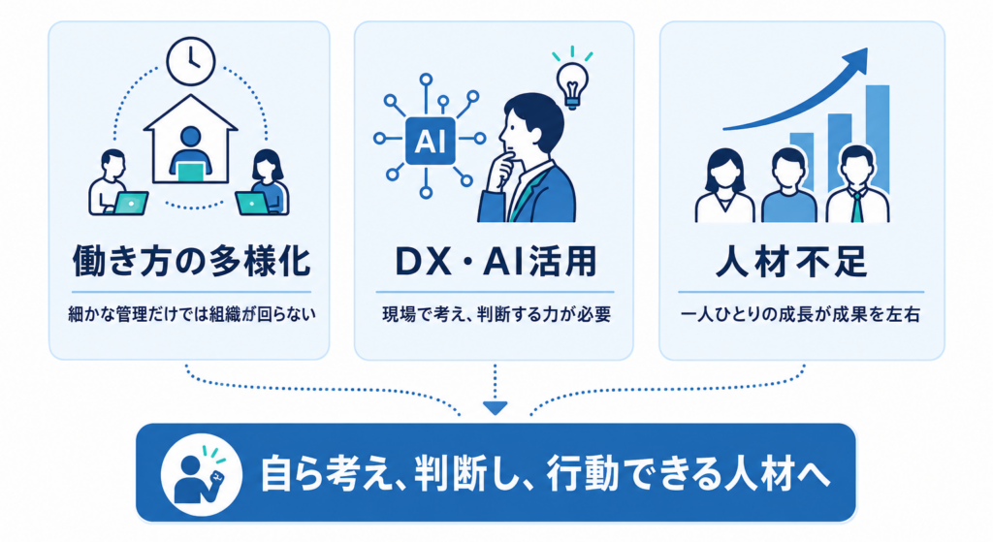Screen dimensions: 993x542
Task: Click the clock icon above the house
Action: pos(191,61)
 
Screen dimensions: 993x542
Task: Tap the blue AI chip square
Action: pos(430,141)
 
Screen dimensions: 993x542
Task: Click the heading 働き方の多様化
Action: pos(191,261)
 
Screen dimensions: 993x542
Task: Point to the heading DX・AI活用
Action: pos(496,261)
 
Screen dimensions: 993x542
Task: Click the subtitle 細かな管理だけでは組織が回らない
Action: pos(191,314)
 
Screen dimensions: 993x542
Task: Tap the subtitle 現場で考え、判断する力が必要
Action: pos(496,314)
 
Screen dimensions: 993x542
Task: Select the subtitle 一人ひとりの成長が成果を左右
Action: pos(800,314)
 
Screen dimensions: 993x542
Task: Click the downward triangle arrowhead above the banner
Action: pos(495,408)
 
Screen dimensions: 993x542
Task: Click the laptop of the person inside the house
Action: pos(191,172)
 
